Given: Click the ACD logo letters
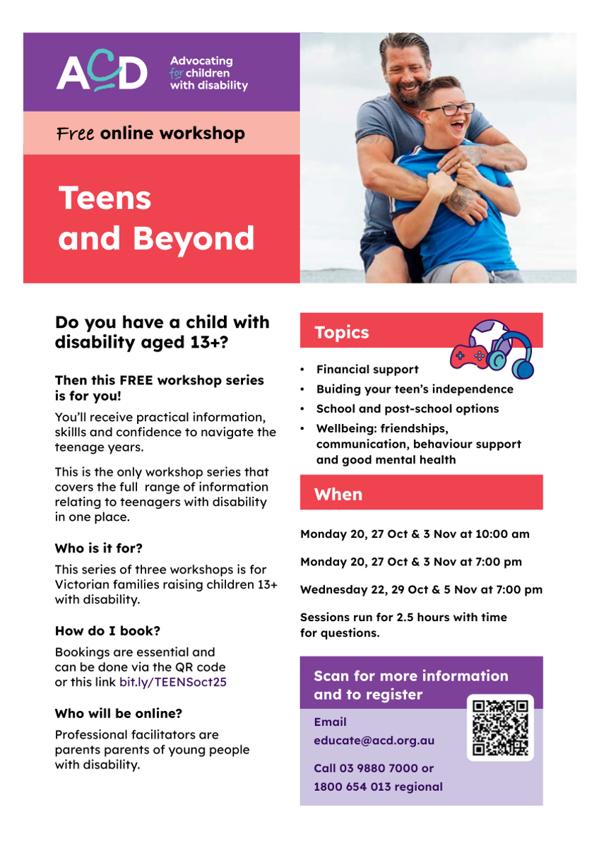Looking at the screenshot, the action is tap(102, 71).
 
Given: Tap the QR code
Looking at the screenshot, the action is tap(500, 727).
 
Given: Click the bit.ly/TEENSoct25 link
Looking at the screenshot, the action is tap(173, 682).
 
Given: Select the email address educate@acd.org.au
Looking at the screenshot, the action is tap(374, 740).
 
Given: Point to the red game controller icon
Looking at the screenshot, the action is tap(469, 356).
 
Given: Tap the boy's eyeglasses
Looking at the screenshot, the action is tap(449, 110).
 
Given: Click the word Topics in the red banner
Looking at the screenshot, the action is tap(341, 332).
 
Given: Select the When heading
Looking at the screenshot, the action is tap(338, 495).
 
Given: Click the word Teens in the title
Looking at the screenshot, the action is tap(105, 198).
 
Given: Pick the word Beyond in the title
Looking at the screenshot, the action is tap(194, 239).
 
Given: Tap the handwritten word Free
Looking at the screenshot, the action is tap(76, 134).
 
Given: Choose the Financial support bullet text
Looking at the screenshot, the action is tap(367, 369).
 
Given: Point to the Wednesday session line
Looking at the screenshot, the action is tap(421, 589).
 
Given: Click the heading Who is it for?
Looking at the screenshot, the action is tap(98, 548).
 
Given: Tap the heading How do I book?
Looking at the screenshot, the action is tap(107, 630).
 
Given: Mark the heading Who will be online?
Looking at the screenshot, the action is tap(119, 713).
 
